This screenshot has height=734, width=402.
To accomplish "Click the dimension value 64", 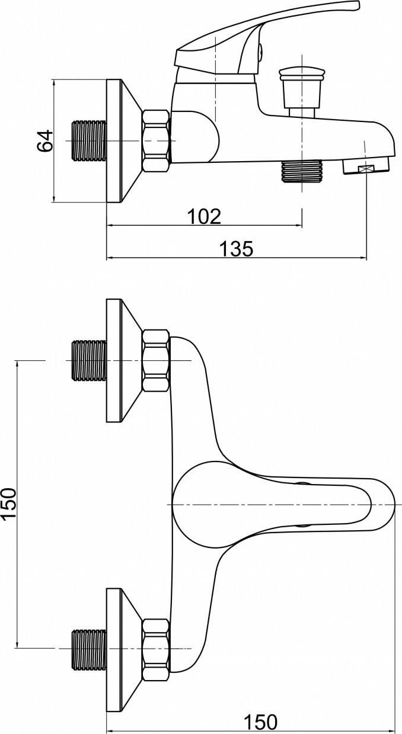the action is click(45, 141).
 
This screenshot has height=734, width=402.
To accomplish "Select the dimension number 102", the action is click(205, 217).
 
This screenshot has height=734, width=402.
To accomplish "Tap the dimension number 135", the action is click(236, 249).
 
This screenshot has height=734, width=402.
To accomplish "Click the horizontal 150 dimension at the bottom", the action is click(260, 720).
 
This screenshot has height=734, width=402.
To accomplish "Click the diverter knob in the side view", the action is click(302, 92).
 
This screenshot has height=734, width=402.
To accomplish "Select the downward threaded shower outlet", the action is click(301, 171).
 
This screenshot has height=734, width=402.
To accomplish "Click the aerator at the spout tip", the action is click(366, 166).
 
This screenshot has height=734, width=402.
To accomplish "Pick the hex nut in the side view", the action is click(156, 141).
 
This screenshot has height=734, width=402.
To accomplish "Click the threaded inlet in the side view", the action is click(89, 141).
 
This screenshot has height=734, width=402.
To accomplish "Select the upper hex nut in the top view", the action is click(156, 360).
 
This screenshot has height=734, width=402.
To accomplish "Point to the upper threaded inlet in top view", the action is click(89, 360).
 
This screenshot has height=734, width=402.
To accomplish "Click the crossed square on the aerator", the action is click(366, 169).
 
